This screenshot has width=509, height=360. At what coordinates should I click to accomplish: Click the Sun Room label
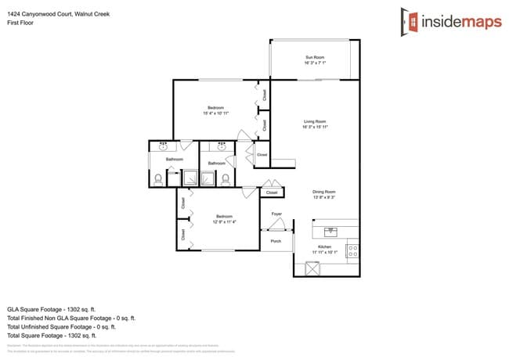click(x=314, y=58)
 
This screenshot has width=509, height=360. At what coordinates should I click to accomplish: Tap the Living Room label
click(x=315, y=121)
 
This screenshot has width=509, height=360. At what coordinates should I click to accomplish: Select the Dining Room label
click(x=324, y=192)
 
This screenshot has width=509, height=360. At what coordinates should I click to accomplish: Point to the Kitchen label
click(x=324, y=247)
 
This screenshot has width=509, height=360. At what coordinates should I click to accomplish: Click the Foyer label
click(x=276, y=214)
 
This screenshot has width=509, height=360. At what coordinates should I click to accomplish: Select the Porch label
click(x=276, y=241)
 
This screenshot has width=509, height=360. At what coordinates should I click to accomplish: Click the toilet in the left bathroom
click(x=157, y=178)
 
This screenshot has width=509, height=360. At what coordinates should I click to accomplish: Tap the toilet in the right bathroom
click(x=226, y=178)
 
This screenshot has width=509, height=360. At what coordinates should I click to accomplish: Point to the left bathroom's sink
click(x=162, y=146)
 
